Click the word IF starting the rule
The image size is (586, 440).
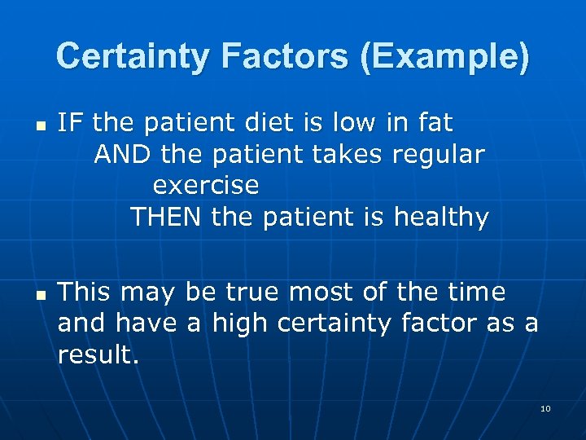(70, 123)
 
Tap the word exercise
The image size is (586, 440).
(206, 186)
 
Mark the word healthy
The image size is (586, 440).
(441, 218)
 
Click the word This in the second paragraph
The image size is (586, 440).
(89, 292)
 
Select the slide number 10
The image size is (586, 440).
(545, 408)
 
